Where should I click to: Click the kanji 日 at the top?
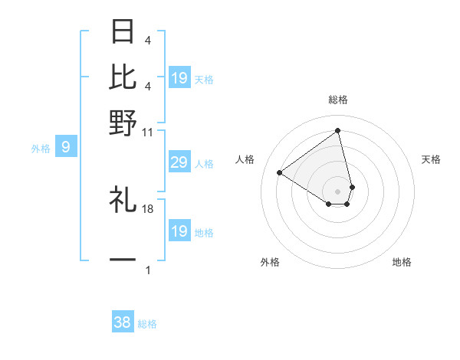tap(123, 32)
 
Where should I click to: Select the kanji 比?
tap(123, 77)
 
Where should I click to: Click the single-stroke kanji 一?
tap(123, 260)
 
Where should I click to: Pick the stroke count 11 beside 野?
tap(148, 132)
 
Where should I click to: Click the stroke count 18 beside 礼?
tap(148, 208)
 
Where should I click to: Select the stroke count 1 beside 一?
tap(148, 270)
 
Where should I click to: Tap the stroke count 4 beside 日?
tap(148, 41)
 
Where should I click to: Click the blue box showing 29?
tap(179, 162)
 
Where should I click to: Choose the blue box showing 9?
tap(65, 146)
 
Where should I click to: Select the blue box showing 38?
tap(123, 322)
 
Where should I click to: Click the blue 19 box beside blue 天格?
tap(179, 78)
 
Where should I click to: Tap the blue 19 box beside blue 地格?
tap(179, 231)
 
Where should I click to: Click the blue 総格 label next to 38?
tap(147, 324)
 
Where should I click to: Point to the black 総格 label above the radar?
tap(337, 100)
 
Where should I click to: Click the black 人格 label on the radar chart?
tap(245, 159)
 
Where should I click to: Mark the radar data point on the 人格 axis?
tap(280, 172)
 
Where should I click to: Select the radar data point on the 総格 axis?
tap(337, 131)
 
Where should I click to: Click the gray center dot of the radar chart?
tap(337, 191)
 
